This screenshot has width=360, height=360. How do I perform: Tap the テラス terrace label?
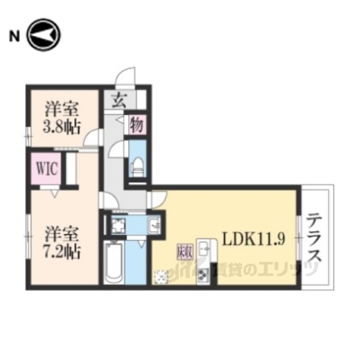coord(316,237)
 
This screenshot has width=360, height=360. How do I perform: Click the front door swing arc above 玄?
coord(127,77)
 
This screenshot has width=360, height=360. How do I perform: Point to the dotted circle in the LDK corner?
coord(162,277)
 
